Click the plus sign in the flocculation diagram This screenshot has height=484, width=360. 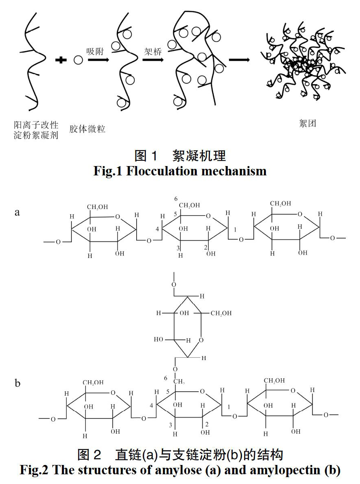[x=61, y=60]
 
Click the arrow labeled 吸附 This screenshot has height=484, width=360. [x=99, y=60]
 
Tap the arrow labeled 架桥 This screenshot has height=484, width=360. [x=153, y=60]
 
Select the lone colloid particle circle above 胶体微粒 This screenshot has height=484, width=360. [x=78, y=60]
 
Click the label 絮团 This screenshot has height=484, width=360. [x=307, y=124]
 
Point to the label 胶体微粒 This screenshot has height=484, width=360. [x=87, y=129]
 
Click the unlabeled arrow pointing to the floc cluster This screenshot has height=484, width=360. [x=239, y=60]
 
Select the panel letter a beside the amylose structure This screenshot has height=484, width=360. [x=17, y=212]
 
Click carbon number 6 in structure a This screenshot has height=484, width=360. [x=176, y=199]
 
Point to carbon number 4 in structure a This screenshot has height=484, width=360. [x=157, y=229]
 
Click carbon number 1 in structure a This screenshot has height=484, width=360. [x=235, y=230]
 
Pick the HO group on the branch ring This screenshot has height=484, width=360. [x=159, y=339]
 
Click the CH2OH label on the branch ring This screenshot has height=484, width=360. [x=221, y=313]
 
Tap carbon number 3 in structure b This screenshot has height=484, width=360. [x=170, y=425]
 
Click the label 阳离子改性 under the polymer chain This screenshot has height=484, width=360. [x=36, y=125]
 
